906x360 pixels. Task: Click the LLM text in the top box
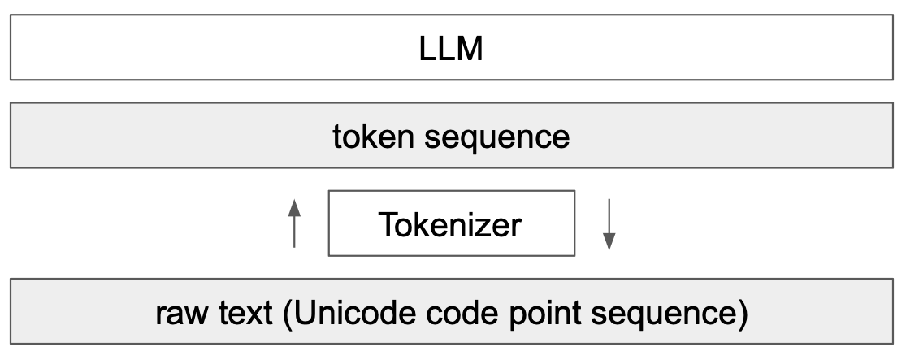point(451,50)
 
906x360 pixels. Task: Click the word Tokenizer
point(449,224)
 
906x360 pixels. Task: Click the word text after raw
point(244,313)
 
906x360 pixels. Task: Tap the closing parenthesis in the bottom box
point(742,314)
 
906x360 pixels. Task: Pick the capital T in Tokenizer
point(386,224)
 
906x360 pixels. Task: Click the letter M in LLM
point(470,50)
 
